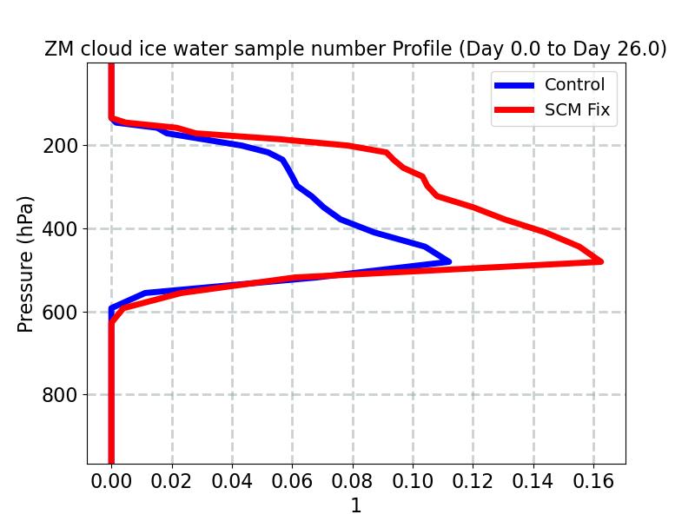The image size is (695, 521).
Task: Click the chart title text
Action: [x=355, y=49]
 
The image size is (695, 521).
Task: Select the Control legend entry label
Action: [x=574, y=85]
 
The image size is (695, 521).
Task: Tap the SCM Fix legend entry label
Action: [x=577, y=110]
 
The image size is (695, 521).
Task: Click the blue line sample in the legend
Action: [x=514, y=85]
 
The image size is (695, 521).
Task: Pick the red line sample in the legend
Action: [x=514, y=110]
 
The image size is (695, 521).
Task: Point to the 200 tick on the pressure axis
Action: [x=61, y=146]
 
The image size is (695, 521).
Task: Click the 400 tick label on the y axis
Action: [x=61, y=229]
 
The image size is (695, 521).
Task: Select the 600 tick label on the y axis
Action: [x=61, y=313]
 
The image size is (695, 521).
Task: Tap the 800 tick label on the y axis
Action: [x=61, y=395]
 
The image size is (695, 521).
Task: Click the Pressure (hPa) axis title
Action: [x=26, y=264]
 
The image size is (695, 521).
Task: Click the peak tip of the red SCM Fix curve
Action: [x=599, y=260]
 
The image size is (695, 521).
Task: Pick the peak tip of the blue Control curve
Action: [x=448, y=260]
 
